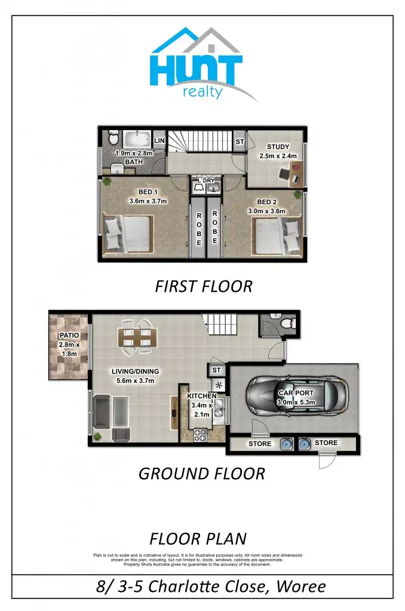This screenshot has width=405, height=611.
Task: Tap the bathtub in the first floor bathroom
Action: pyautogui.click(x=138, y=141)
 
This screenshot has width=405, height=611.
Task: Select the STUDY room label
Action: pyautogui.click(x=278, y=147)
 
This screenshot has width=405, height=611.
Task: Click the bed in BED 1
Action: pyautogui.click(x=128, y=233)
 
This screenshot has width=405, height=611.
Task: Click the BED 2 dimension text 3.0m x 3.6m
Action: pyautogui.click(x=267, y=211)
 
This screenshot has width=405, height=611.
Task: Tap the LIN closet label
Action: pyautogui.click(x=159, y=141)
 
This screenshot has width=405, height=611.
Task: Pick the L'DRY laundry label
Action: pyautogui.click(x=206, y=180)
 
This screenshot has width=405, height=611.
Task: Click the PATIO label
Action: pyautogui.click(x=69, y=335)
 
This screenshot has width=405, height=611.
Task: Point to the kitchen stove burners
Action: pyautogui.click(x=198, y=436)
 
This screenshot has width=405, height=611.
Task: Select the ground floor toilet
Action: pyautogui.click(x=285, y=323)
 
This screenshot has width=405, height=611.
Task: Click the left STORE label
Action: pyautogui.click(x=260, y=444)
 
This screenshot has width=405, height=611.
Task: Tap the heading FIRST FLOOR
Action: pyautogui.click(x=203, y=286)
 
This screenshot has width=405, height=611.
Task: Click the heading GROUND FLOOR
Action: pyautogui.click(x=202, y=474)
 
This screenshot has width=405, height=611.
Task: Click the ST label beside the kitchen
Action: pyautogui.click(x=216, y=371)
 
